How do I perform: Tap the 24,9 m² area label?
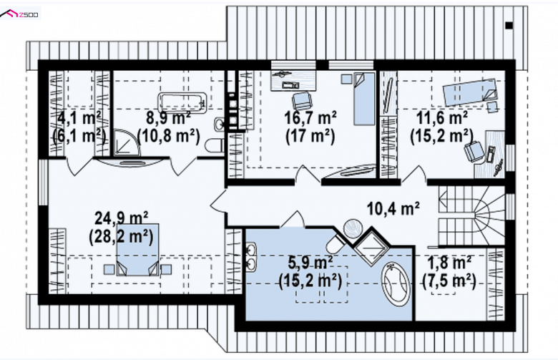(122, 217)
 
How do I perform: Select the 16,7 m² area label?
(310, 117)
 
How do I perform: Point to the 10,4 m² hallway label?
(393, 209)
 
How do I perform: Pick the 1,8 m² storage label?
(449, 263)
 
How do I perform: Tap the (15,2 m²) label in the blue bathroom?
(310, 281)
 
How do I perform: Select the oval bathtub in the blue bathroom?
(396, 284)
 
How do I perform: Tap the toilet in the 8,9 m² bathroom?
(215, 146)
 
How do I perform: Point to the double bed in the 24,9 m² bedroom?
(138, 250)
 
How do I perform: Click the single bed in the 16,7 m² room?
(364, 99)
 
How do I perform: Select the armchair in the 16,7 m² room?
(303, 101)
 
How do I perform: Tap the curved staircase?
(471, 216)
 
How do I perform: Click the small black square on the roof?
(509, 25)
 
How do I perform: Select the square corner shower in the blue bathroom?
(372, 245)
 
